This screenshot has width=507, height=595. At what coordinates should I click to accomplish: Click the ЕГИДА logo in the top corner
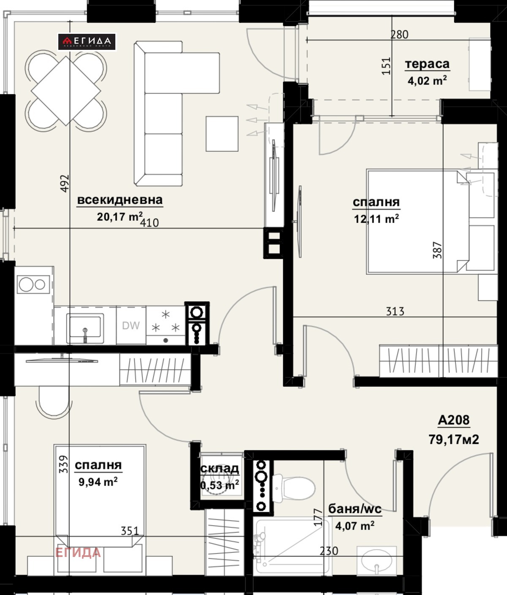[87, 42]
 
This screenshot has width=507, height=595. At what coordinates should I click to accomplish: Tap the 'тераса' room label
[427, 64]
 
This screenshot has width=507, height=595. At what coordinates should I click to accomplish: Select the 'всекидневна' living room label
[120, 200]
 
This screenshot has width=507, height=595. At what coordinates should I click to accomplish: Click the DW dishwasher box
[131, 325]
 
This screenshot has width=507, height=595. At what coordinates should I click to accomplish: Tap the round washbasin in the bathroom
[376, 561]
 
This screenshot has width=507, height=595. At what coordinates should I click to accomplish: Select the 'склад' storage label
[220, 469]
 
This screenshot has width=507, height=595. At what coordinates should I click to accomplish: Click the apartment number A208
[453, 420]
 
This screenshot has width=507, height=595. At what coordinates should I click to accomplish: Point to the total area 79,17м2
[454, 439]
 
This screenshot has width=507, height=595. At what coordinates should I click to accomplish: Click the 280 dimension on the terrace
[399, 35]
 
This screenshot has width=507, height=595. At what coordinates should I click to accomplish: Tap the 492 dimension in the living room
[65, 183]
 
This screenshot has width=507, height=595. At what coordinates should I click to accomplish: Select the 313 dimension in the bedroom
[395, 311]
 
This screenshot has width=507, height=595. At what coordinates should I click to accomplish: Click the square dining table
[66, 91]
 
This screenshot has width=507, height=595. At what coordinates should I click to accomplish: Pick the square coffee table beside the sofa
[222, 134]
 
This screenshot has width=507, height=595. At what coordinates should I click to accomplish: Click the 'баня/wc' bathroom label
[355, 509]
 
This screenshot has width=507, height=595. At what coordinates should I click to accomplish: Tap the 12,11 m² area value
[376, 219]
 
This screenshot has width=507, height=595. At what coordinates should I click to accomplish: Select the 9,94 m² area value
[98, 482]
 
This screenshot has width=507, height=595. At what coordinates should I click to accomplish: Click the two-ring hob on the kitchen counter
[33, 284]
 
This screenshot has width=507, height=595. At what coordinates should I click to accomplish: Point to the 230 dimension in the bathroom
[329, 551]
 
